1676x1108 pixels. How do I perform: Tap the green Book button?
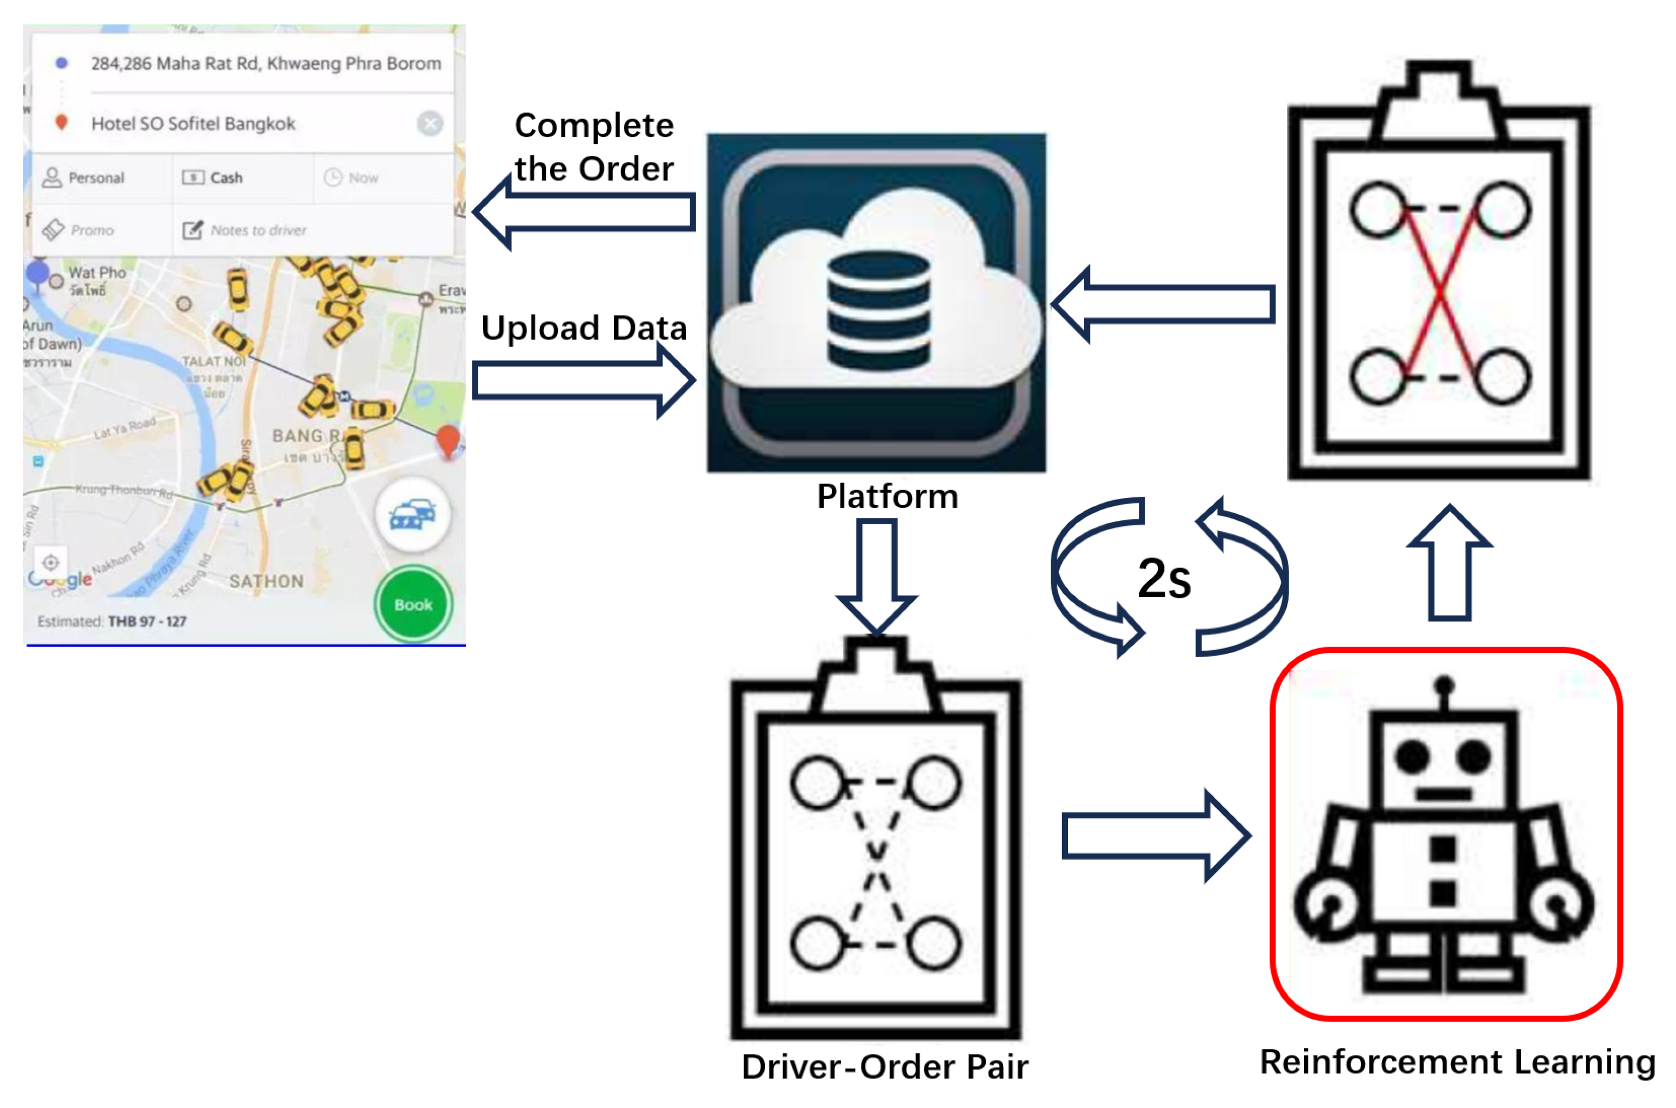[x=413, y=605]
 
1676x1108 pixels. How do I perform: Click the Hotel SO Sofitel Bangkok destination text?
[x=193, y=124]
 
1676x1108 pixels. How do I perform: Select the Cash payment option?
[x=225, y=177]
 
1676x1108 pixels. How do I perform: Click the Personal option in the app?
[x=95, y=177]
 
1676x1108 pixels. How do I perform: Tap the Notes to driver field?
[x=258, y=230]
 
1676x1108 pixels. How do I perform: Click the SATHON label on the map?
[x=266, y=581]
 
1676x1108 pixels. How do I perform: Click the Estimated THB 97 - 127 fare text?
[x=112, y=621]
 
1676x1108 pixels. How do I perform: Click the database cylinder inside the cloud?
[x=878, y=311]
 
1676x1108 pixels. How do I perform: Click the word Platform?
[x=887, y=496]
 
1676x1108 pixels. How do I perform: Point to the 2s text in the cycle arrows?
[x=1164, y=578]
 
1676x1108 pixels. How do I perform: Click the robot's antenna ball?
[x=1444, y=685]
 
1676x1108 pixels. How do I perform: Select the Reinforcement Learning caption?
[x=1457, y=1062]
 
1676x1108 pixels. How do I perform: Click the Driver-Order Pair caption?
[x=885, y=1067]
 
